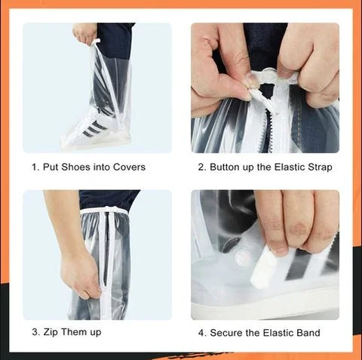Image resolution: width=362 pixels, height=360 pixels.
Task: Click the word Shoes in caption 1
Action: pos(75,167)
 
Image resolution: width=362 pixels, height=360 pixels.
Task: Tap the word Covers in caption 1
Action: pos(129,167)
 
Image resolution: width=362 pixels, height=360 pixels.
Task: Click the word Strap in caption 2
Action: pos(320,168)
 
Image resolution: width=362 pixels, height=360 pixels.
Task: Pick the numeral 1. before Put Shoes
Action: pos(35,167)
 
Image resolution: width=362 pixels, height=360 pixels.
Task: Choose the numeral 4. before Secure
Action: pos(202,333)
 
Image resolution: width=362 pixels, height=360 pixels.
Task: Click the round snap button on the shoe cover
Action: pos(241,258)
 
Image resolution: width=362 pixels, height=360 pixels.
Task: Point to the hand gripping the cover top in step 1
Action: pos(84,33)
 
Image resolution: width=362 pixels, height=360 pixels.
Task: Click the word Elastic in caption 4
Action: pos(278,333)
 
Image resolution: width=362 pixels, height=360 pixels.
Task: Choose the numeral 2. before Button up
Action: pos(202,167)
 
